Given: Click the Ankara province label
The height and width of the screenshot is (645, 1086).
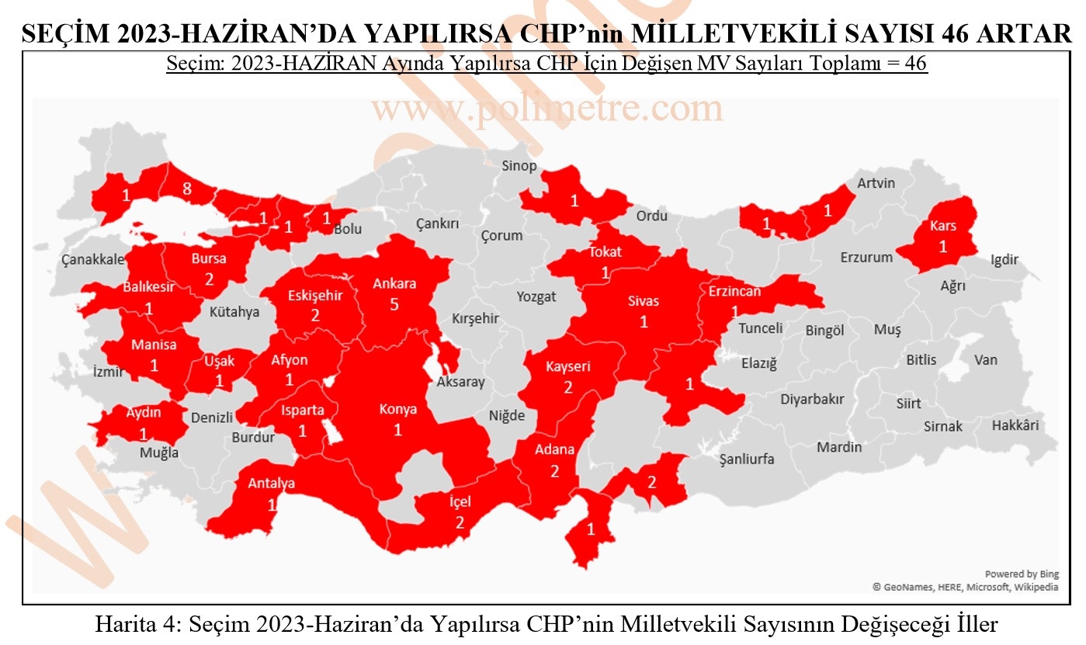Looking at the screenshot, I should pyautogui.click(x=394, y=283).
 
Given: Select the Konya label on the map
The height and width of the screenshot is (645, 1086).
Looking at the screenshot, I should pyautogui.click(x=397, y=409).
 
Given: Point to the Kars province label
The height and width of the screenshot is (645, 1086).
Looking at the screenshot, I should pyautogui.click(x=943, y=227).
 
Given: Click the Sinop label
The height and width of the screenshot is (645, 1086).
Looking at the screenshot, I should pyautogui.click(x=519, y=165).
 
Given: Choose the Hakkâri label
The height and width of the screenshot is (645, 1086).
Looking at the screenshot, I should pyautogui.click(x=1015, y=425).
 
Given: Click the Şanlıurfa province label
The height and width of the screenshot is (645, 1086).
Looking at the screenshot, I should pyautogui.click(x=747, y=459).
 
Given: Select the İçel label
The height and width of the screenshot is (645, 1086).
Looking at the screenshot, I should pyautogui.click(x=460, y=502).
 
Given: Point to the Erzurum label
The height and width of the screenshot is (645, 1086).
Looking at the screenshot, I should pyautogui.click(x=866, y=257).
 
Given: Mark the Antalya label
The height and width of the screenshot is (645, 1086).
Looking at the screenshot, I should pyautogui.click(x=271, y=484).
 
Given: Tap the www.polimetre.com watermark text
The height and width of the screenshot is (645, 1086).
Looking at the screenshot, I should pyautogui.click(x=546, y=109).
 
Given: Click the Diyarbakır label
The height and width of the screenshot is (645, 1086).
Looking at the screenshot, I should pyautogui.click(x=812, y=399).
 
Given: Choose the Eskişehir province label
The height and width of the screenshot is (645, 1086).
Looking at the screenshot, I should pyautogui.click(x=315, y=296).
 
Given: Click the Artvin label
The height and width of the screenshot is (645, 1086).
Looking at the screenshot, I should pyautogui.click(x=876, y=183).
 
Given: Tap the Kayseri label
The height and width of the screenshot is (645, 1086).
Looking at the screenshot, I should pyautogui.click(x=567, y=366).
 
